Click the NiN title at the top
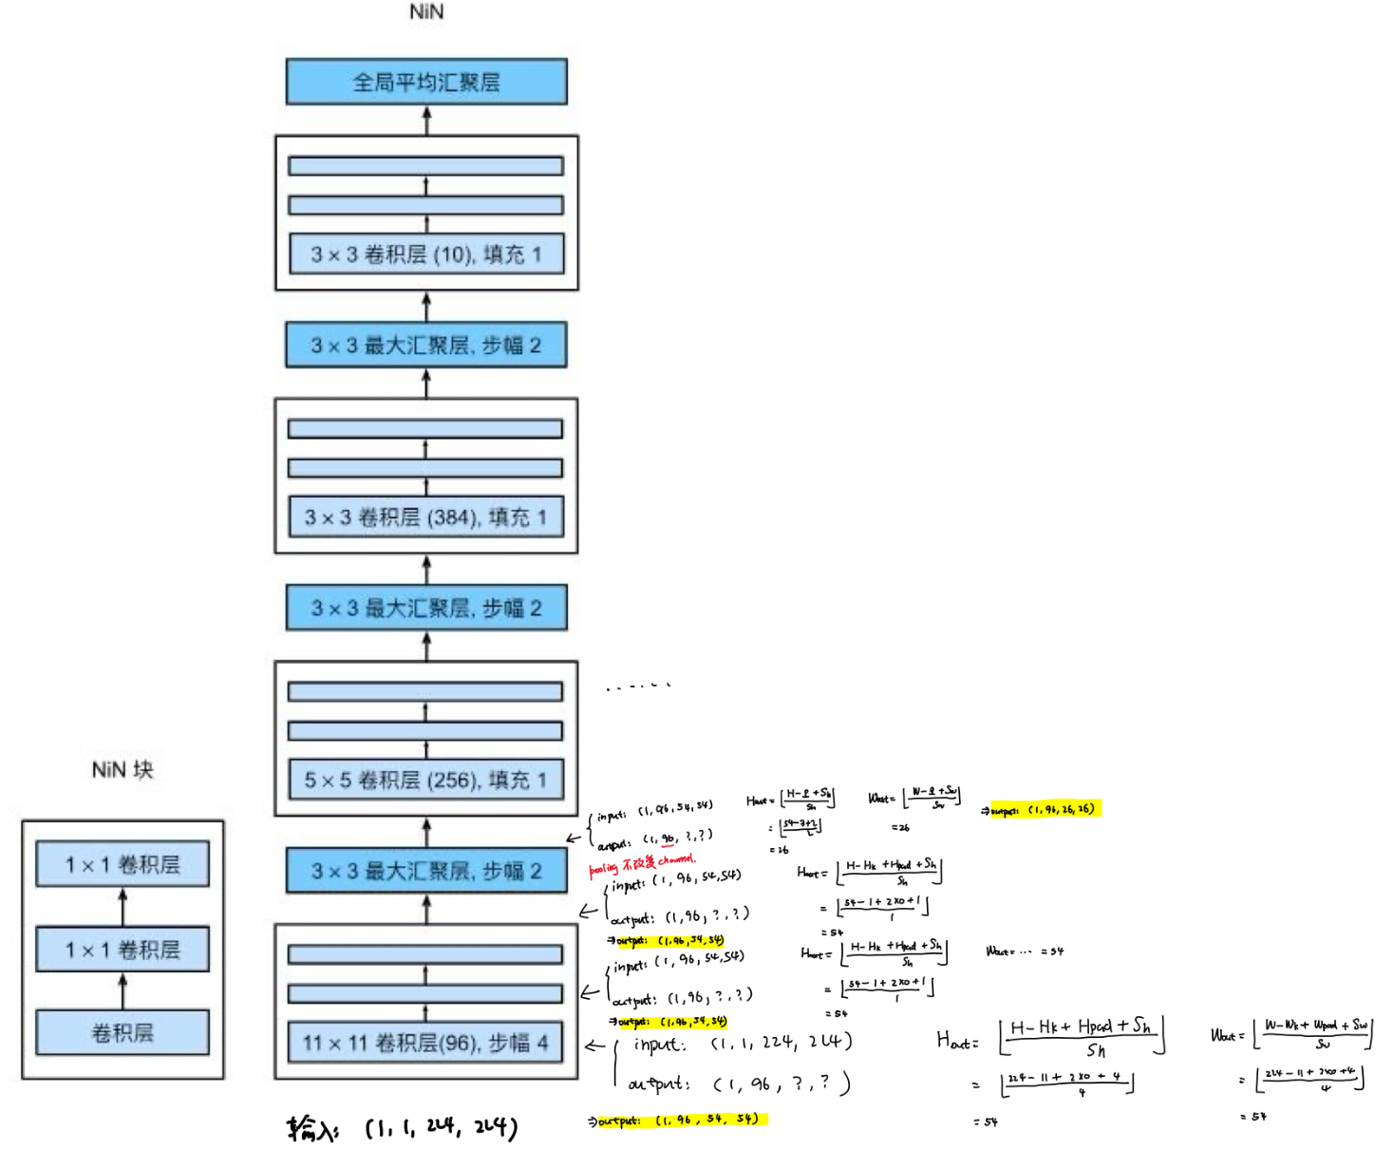point(426,11)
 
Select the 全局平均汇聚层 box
point(426,83)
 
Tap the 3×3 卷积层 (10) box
point(426,254)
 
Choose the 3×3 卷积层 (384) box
point(426,518)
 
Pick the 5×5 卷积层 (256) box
point(426,781)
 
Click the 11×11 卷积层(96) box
point(426,1044)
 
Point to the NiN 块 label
point(122,769)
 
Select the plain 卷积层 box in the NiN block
point(122,1033)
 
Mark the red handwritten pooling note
point(642,864)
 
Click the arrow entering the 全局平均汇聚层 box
point(427,120)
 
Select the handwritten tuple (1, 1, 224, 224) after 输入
point(442,1128)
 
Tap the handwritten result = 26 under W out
point(900,828)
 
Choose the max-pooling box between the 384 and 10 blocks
point(426,345)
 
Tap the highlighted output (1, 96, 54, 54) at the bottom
point(680,1121)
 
